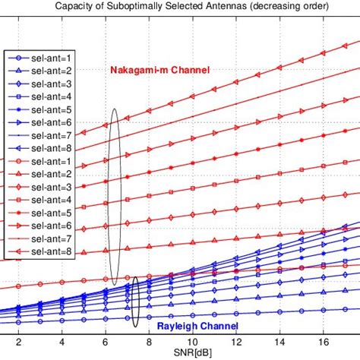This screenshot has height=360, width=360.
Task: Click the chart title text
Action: point(179,7)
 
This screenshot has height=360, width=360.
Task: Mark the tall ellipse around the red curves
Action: point(115,196)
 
